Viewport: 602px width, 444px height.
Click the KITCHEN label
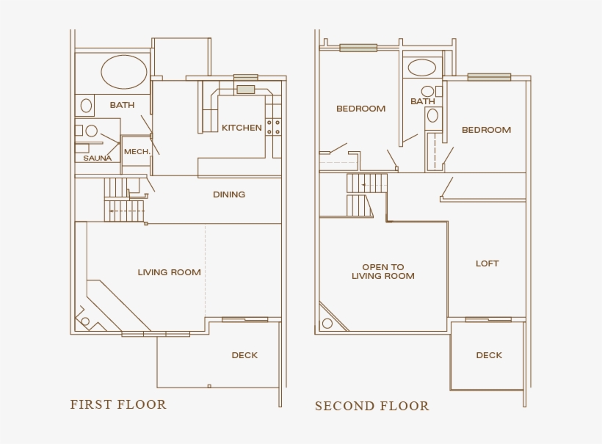[242, 128]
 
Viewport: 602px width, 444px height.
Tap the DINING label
[229, 194]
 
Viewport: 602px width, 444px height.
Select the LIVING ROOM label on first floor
[169, 272]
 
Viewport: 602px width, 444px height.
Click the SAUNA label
[97, 158]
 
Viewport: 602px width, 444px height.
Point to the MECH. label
[137, 152]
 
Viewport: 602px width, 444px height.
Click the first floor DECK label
[244, 355]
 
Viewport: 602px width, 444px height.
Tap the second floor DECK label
[489, 355]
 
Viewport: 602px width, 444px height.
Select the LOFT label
[487, 263]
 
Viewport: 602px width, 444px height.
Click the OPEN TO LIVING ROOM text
[382, 272]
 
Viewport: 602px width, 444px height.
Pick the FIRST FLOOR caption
[118, 404]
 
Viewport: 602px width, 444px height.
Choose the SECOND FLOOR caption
[371, 406]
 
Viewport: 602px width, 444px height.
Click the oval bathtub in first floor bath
[123, 72]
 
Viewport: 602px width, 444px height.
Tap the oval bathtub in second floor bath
[421, 68]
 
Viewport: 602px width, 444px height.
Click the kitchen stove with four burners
[274, 126]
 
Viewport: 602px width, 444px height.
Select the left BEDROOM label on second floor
[360, 109]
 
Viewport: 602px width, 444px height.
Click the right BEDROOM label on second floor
[486, 130]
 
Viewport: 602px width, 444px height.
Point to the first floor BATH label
[122, 105]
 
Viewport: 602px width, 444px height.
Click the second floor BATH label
[422, 101]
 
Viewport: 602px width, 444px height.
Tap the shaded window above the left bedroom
[358, 48]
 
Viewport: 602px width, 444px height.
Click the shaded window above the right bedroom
[489, 76]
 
